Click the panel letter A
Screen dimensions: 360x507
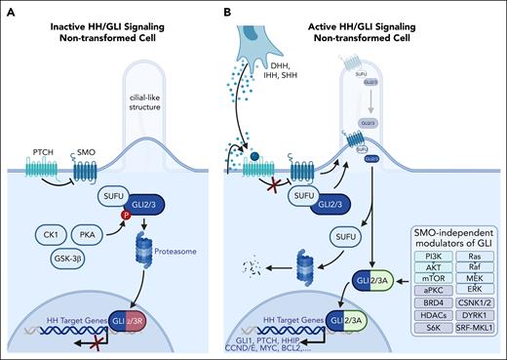11,12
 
